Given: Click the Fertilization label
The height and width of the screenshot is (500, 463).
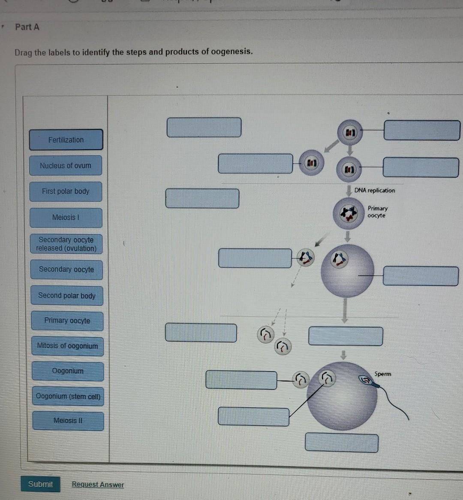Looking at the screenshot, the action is click(x=66, y=140).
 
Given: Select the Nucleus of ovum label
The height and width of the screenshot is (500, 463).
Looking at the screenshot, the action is click(x=66, y=166).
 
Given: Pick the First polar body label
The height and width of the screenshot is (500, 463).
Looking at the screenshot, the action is click(x=66, y=191).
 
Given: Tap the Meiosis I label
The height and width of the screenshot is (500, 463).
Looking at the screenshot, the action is click(x=66, y=218).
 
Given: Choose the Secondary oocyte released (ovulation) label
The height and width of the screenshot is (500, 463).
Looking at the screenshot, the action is click(x=66, y=244).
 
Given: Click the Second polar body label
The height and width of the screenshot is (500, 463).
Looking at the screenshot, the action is click(x=66, y=296).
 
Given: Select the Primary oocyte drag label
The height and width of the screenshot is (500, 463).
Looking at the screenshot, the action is click(x=67, y=321).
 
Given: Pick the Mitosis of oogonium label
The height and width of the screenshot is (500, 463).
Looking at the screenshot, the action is click(x=67, y=346).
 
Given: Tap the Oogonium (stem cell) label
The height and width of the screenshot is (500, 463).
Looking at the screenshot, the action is click(x=68, y=396).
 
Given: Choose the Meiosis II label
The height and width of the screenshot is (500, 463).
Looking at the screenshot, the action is click(x=68, y=421).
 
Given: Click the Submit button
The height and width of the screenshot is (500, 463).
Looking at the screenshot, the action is click(x=40, y=484).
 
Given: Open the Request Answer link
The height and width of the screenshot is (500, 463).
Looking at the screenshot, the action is click(x=98, y=485).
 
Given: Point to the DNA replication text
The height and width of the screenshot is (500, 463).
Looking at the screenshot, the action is click(x=375, y=191).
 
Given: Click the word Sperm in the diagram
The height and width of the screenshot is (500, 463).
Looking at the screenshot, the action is click(x=382, y=374).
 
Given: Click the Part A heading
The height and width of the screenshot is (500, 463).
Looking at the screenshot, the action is click(x=27, y=27).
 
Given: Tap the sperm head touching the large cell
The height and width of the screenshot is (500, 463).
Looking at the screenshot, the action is click(x=366, y=380).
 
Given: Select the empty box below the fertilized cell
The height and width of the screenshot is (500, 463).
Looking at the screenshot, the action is click(x=342, y=443).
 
